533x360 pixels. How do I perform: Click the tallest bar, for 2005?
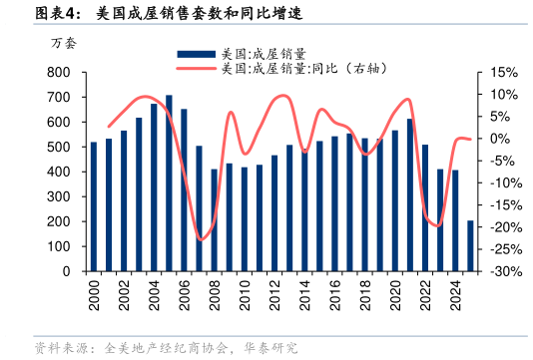click(169, 183)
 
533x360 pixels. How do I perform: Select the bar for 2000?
click(94, 206)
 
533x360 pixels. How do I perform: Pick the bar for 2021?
click(409, 195)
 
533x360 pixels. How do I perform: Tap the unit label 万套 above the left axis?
click(62, 43)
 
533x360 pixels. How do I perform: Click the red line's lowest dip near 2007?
click(201, 239)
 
